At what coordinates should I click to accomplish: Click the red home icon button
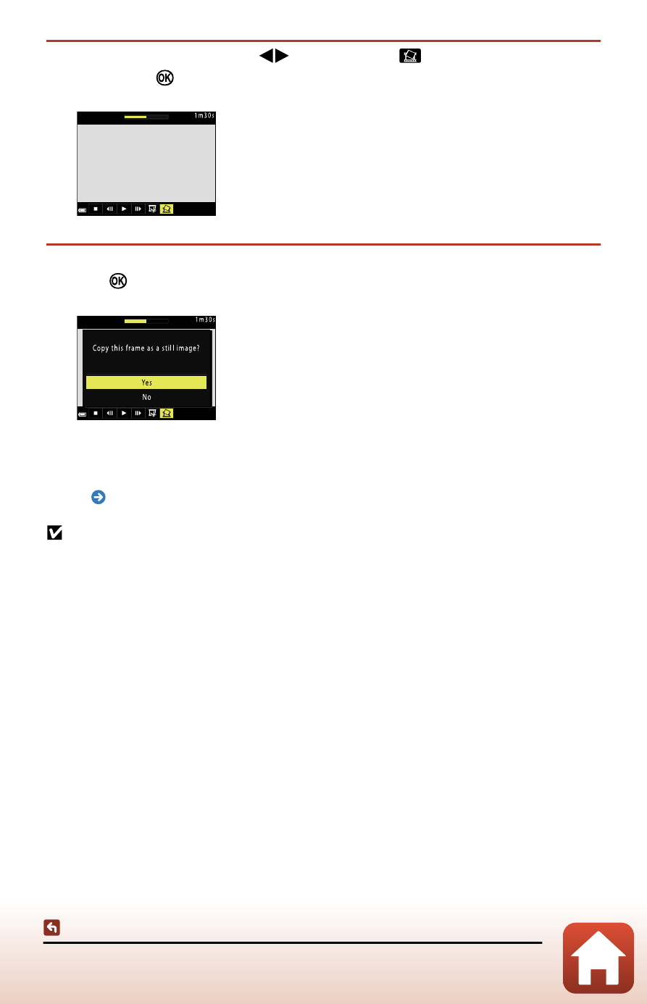[598, 958]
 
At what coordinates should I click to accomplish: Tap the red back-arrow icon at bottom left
[51, 927]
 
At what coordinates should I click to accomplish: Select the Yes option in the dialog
[146, 382]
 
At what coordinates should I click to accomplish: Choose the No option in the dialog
[146, 397]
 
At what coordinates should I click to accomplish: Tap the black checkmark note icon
[54, 533]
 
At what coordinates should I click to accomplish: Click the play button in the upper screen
[124, 209]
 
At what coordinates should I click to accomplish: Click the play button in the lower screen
[124, 414]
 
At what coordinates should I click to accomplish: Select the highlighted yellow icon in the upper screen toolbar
[166, 209]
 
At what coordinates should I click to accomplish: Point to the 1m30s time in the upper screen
[204, 116]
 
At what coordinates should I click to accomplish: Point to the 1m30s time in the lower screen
[204, 320]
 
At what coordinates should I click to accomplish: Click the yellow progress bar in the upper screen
[135, 116]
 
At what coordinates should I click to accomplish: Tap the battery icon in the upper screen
[83, 210]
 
